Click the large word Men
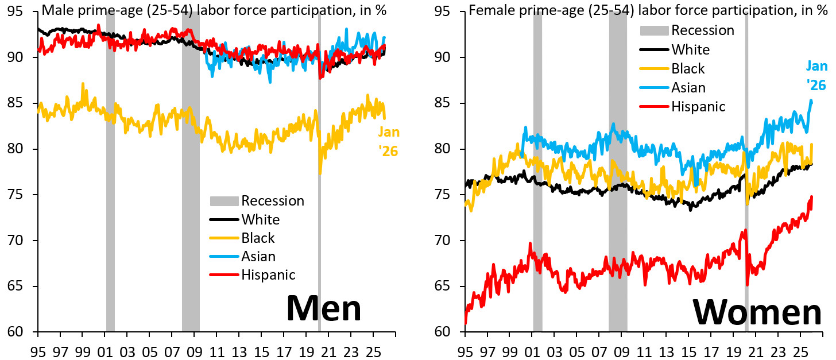324,308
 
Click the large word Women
757,313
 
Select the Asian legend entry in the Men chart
258,256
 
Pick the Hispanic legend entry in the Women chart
698,106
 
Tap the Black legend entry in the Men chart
258,238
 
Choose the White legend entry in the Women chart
690,49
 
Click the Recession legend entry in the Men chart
272,200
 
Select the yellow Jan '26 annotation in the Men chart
389,141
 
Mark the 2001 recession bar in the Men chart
110,172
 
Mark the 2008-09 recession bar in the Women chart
618,172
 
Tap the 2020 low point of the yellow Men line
320,173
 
